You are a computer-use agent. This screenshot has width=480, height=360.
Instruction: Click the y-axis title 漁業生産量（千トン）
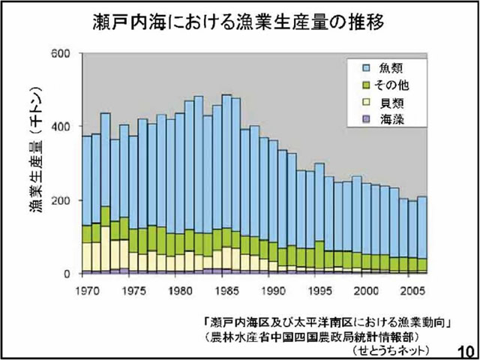click(x=35, y=161)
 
